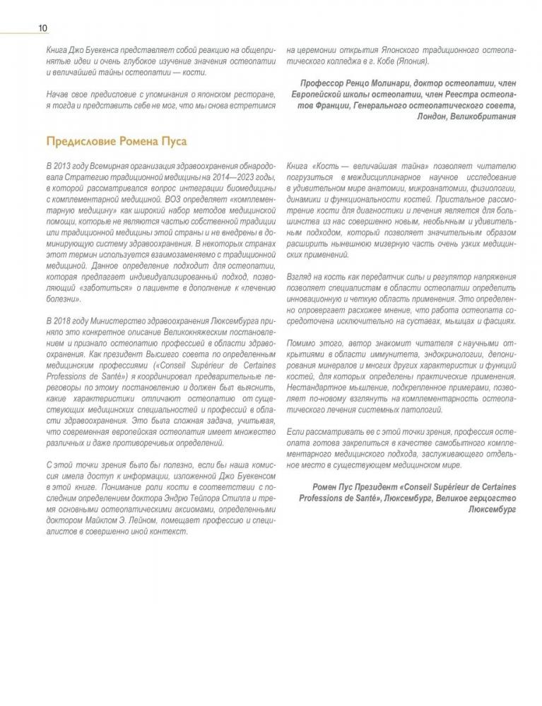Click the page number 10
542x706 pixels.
[x=43, y=28]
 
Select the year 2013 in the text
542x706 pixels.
[x=61, y=165]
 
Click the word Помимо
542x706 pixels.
[x=304, y=343]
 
